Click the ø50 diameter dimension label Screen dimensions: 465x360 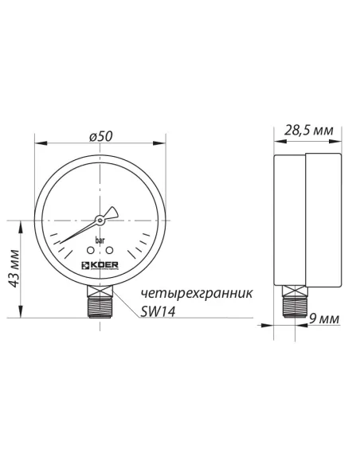[100, 137]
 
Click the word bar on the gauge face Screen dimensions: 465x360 [100, 240]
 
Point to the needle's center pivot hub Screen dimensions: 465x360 [100, 219]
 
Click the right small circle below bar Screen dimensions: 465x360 [110, 251]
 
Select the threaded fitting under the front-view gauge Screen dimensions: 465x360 [100, 303]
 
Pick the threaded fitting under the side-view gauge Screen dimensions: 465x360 [294, 303]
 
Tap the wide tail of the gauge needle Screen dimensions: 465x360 [112, 213]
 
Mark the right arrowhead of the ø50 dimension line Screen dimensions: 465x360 [164, 144]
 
